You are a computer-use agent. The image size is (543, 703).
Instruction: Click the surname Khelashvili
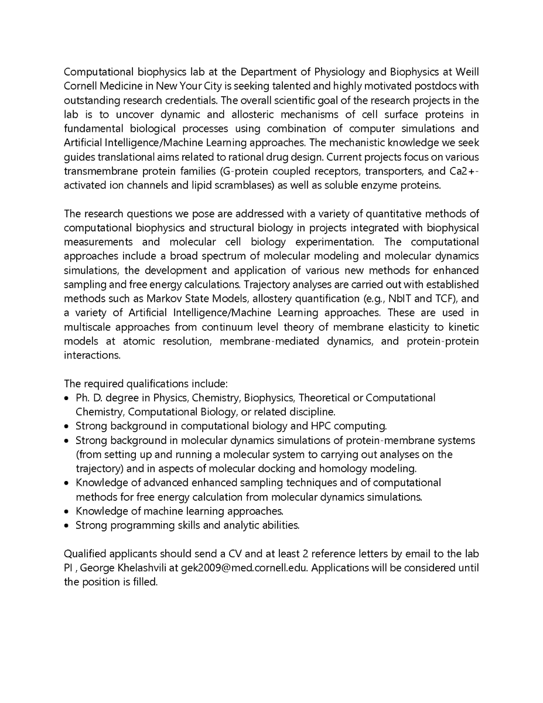[149, 568]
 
